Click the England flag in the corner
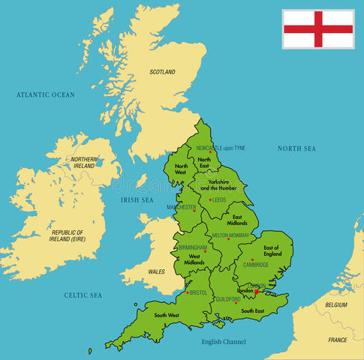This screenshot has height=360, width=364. coord(318,28)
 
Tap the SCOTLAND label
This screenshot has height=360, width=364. coord(162,72)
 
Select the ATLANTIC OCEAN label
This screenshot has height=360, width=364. coord(47,94)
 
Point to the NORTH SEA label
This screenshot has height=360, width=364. coord(296,148)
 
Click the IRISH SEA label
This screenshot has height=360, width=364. coord(137,200)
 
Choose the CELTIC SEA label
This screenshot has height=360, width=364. coord(83,295)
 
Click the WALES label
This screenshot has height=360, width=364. coord(157,271)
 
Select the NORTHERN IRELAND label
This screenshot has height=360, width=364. coord(84,163)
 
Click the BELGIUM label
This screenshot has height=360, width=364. coord(336,305)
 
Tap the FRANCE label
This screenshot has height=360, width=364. coord(338,340)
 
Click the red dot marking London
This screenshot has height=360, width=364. coord(257,292)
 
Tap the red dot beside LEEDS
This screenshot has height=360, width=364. coord(211,200)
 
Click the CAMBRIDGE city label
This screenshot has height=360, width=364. coord(255,265)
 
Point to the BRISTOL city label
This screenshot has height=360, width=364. coord(199,292)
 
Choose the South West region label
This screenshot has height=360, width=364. coord(164,316)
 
